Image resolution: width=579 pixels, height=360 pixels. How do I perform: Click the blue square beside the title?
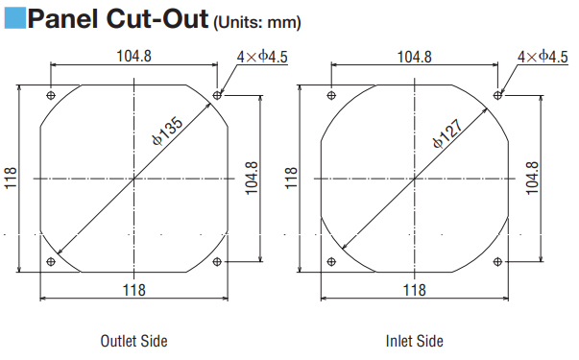pos(15,18)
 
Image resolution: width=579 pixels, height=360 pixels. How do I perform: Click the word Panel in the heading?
pos(62,19)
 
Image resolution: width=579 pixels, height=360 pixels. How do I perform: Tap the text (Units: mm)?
pos(257,22)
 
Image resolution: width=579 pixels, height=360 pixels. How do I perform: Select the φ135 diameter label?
pos(168,131)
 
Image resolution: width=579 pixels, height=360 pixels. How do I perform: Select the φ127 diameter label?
pos(447,133)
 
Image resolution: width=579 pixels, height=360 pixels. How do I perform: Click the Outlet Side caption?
pos(133,341)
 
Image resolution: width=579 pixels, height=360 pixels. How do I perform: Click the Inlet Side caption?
pos(414,341)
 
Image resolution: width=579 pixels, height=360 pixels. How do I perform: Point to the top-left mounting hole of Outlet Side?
pos(51,95)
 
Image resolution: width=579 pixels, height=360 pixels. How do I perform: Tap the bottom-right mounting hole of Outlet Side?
pos(217,262)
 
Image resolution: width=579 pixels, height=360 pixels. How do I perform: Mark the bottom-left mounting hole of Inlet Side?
pos(331,262)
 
